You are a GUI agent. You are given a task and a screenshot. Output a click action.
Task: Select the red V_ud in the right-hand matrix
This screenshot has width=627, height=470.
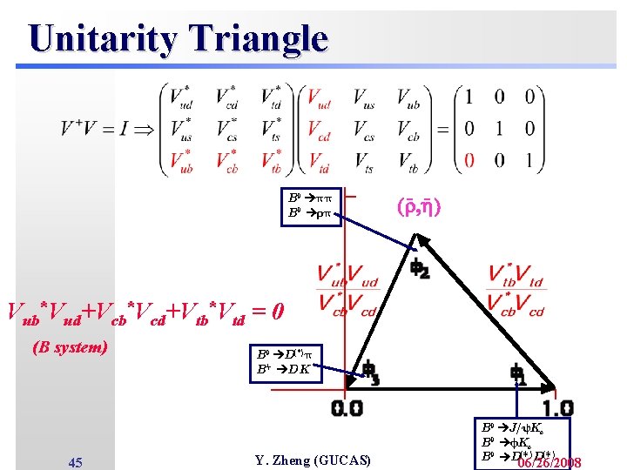tap(319, 97)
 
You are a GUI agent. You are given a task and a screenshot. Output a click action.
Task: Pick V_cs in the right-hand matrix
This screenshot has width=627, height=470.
tap(364, 129)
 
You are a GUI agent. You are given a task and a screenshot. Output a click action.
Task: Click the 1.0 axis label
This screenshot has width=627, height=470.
tap(556, 408)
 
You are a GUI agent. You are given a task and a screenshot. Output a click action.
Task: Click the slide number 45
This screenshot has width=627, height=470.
tap(75, 461)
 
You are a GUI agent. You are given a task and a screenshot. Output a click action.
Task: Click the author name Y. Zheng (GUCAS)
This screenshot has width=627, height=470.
tap(313, 460)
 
